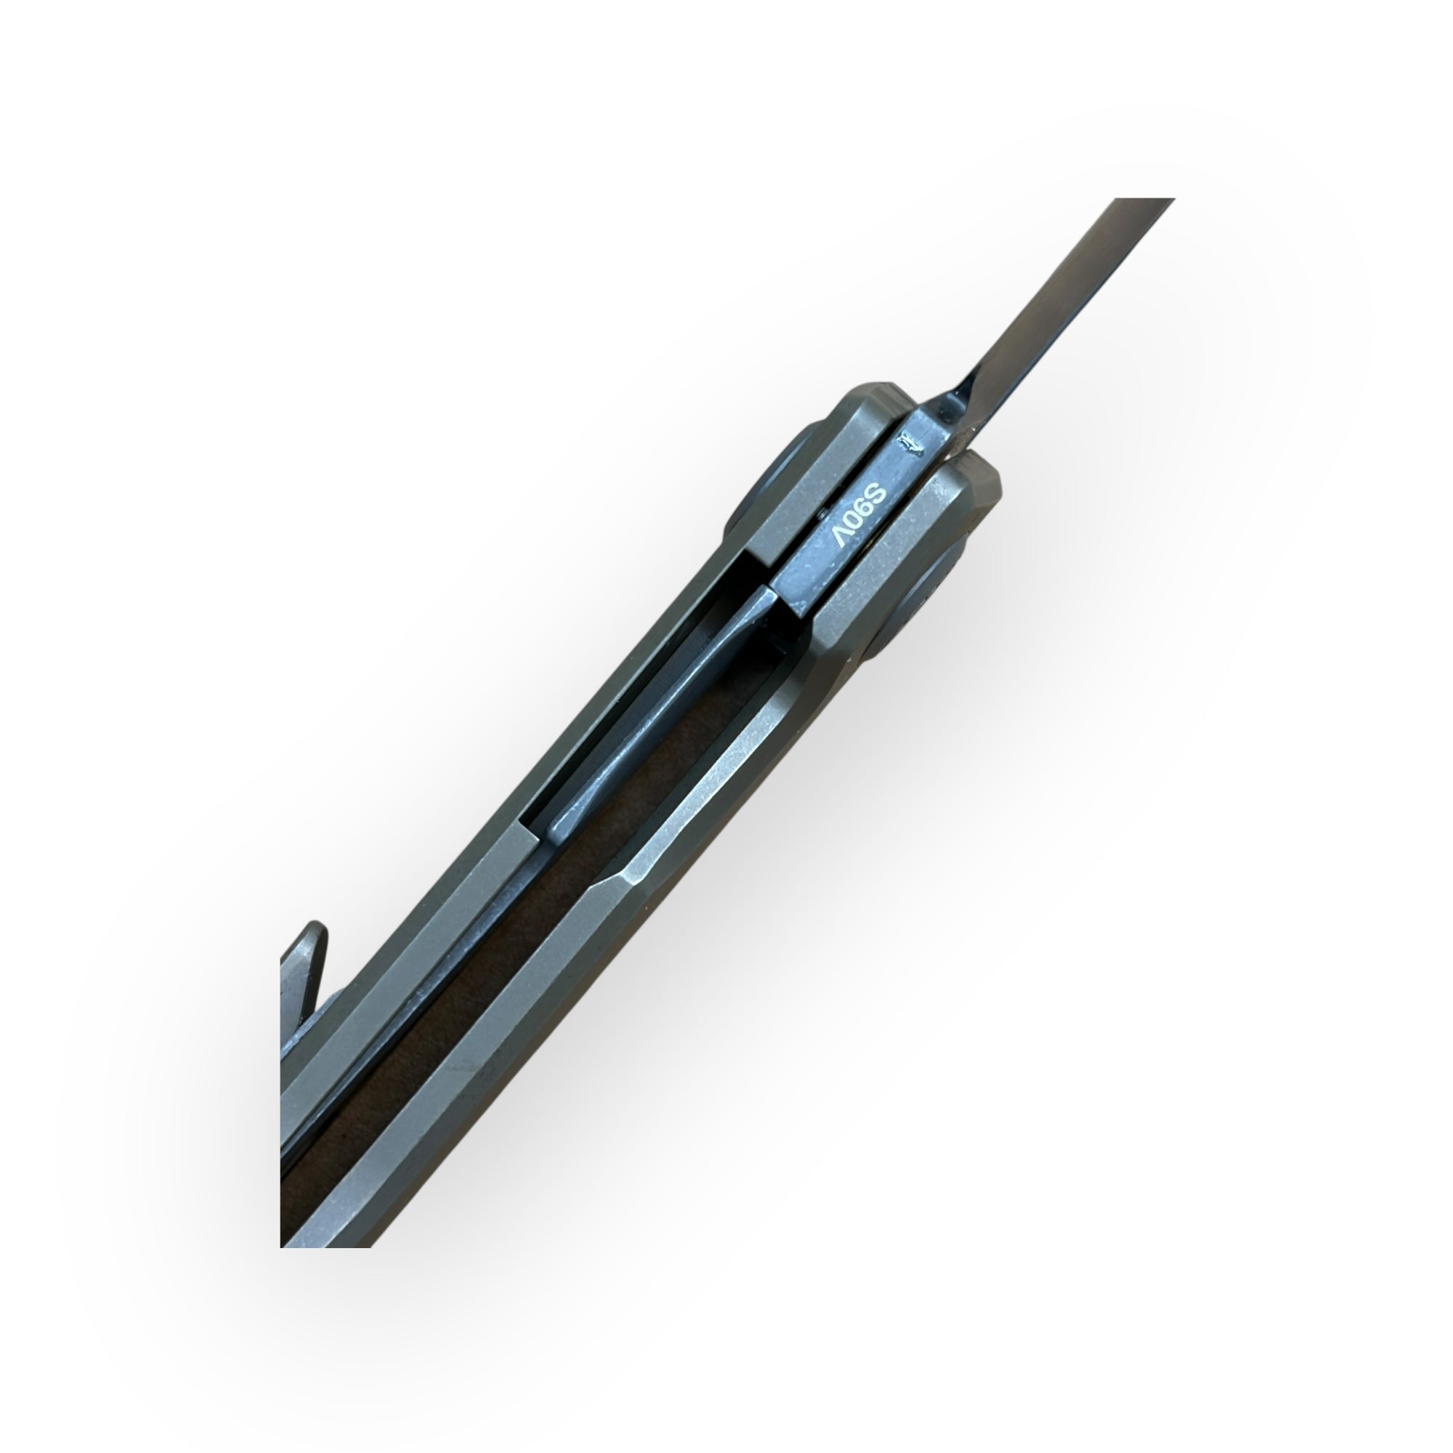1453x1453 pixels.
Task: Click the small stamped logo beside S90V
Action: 910,445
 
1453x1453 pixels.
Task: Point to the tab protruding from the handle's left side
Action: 304,970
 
